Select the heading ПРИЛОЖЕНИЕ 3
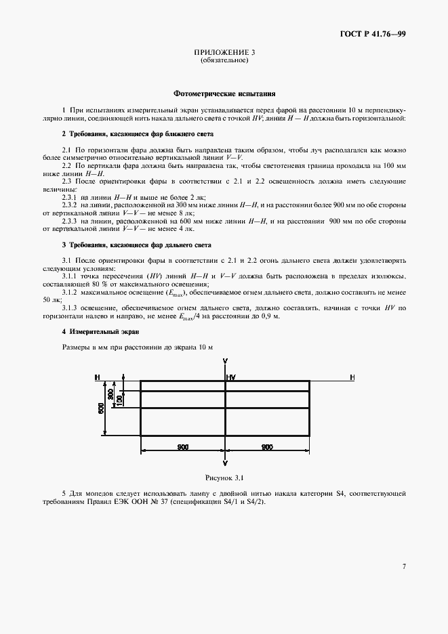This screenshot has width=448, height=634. point(224,52)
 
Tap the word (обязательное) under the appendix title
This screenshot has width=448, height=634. point(224,60)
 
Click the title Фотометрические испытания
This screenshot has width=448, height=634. point(224,94)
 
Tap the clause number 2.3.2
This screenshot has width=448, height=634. point(70,204)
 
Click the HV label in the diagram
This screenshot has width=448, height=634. point(231,377)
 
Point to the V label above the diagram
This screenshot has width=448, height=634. point(225,361)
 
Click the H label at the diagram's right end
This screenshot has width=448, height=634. point(352,377)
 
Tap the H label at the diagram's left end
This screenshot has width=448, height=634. point(98,377)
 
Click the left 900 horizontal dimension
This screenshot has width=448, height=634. point(182,447)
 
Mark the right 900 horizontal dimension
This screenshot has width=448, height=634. point(267,447)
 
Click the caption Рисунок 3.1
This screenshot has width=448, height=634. point(224,478)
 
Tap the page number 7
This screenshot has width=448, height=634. point(404,566)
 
